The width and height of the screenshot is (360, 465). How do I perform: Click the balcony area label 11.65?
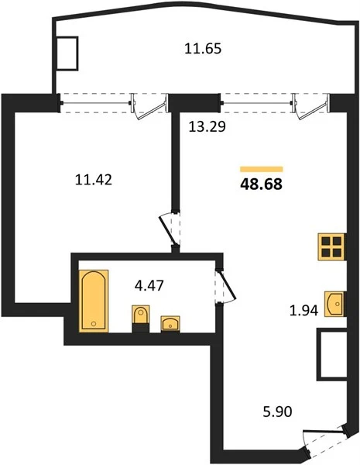click(x=203, y=48)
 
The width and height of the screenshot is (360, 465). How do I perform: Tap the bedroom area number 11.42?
click(x=94, y=180)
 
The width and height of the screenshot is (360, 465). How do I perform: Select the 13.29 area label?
click(x=207, y=126)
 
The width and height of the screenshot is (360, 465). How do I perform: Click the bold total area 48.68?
click(x=262, y=184)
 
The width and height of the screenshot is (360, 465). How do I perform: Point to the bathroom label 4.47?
click(x=149, y=285)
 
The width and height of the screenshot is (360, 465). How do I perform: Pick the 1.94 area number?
click(x=303, y=311)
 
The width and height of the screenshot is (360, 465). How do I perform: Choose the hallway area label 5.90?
click(x=278, y=412)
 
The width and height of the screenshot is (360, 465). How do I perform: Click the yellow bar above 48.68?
click(x=262, y=169)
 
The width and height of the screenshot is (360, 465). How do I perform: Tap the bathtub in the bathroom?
click(x=94, y=301)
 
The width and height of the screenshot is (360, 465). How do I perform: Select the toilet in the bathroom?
click(x=140, y=319)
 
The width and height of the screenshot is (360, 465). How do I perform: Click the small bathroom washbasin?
click(x=170, y=324)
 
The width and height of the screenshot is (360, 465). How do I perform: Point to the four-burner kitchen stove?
click(x=331, y=247)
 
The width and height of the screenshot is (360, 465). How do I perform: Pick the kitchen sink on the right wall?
click(x=335, y=304)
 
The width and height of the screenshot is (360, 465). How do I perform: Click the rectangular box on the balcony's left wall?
click(x=67, y=53)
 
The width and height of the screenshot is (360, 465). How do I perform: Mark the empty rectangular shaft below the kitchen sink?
click(x=332, y=354)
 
